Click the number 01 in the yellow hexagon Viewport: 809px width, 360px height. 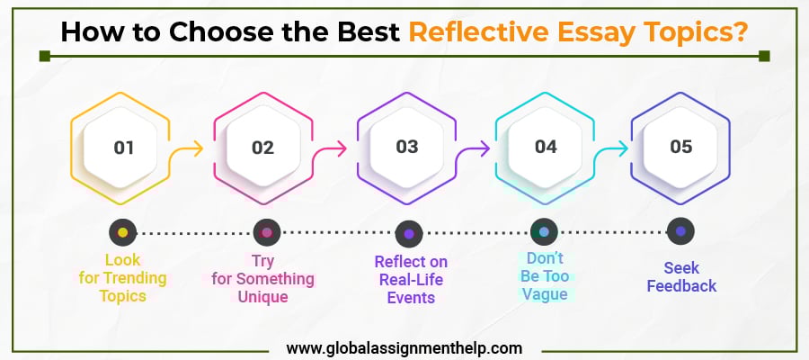pos(123,147)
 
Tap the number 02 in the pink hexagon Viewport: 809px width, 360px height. pos(262,147)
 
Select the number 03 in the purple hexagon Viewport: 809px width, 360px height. pos(407,147)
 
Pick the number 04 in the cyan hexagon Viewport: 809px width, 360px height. pos(546,147)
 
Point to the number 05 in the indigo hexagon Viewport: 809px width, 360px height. pos(681,147)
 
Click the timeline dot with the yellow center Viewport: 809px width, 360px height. pos(123,232)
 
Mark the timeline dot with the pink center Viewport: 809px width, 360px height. pos(266,232)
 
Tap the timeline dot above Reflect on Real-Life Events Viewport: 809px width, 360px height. pos(409,233)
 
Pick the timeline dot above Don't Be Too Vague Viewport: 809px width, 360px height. pos(544,232)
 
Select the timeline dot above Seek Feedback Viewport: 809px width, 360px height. pos(680,231)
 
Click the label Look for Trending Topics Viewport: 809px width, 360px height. pos(123,278)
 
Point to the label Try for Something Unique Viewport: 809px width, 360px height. pos(263,278)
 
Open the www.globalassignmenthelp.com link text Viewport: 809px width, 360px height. pos(404,346)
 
